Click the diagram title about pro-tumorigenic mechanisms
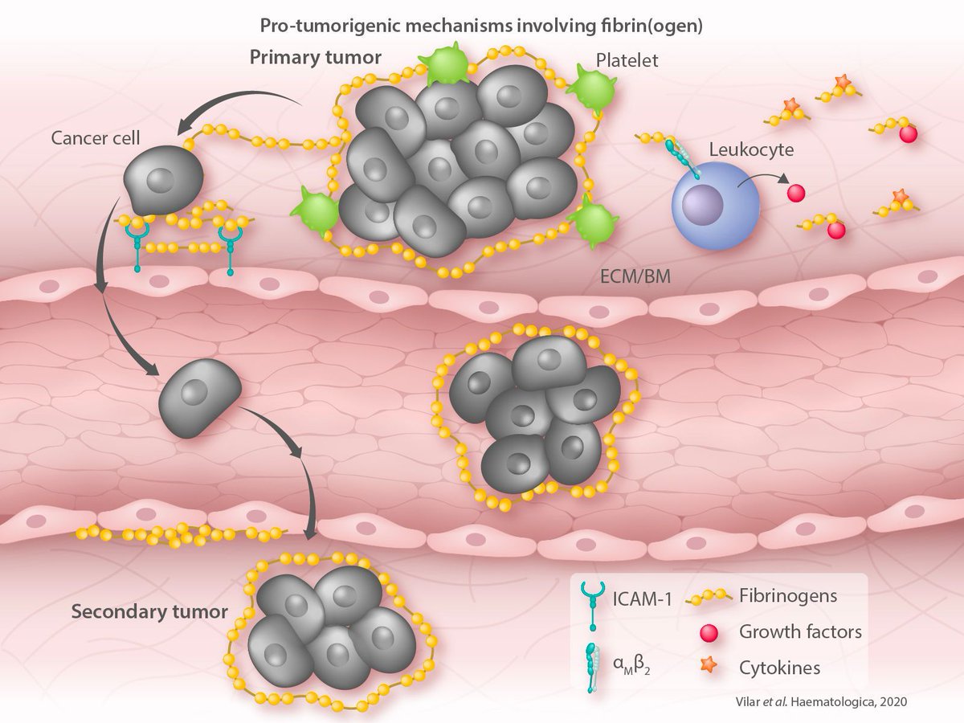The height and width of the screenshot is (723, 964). (x=481, y=25)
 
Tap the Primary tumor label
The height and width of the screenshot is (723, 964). (x=315, y=58)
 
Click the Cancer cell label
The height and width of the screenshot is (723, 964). (x=96, y=137)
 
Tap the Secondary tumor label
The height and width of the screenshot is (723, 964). (x=149, y=611)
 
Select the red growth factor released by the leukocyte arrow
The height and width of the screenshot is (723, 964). (x=795, y=194)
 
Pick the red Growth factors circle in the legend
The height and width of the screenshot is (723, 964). (x=708, y=632)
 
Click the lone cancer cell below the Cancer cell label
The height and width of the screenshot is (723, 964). (x=162, y=182)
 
